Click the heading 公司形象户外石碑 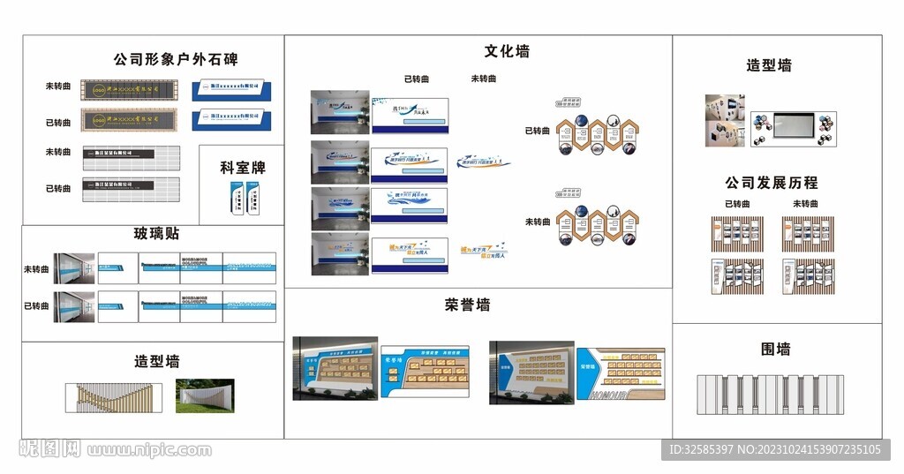point(175,60)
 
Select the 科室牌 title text point(242,167)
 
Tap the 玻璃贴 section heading point(156,233)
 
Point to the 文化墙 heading point(507,51)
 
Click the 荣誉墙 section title point(468,305)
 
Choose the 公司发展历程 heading point(772,183)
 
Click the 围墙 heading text point(776,349)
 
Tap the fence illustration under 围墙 point(770,393)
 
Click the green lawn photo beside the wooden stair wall point(205,395)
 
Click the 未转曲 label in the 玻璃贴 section point(36,269)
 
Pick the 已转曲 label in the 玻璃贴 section point(36,306)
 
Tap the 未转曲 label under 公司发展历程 point(806,204)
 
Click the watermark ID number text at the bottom point(773,450)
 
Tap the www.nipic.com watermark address point(150,450)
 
